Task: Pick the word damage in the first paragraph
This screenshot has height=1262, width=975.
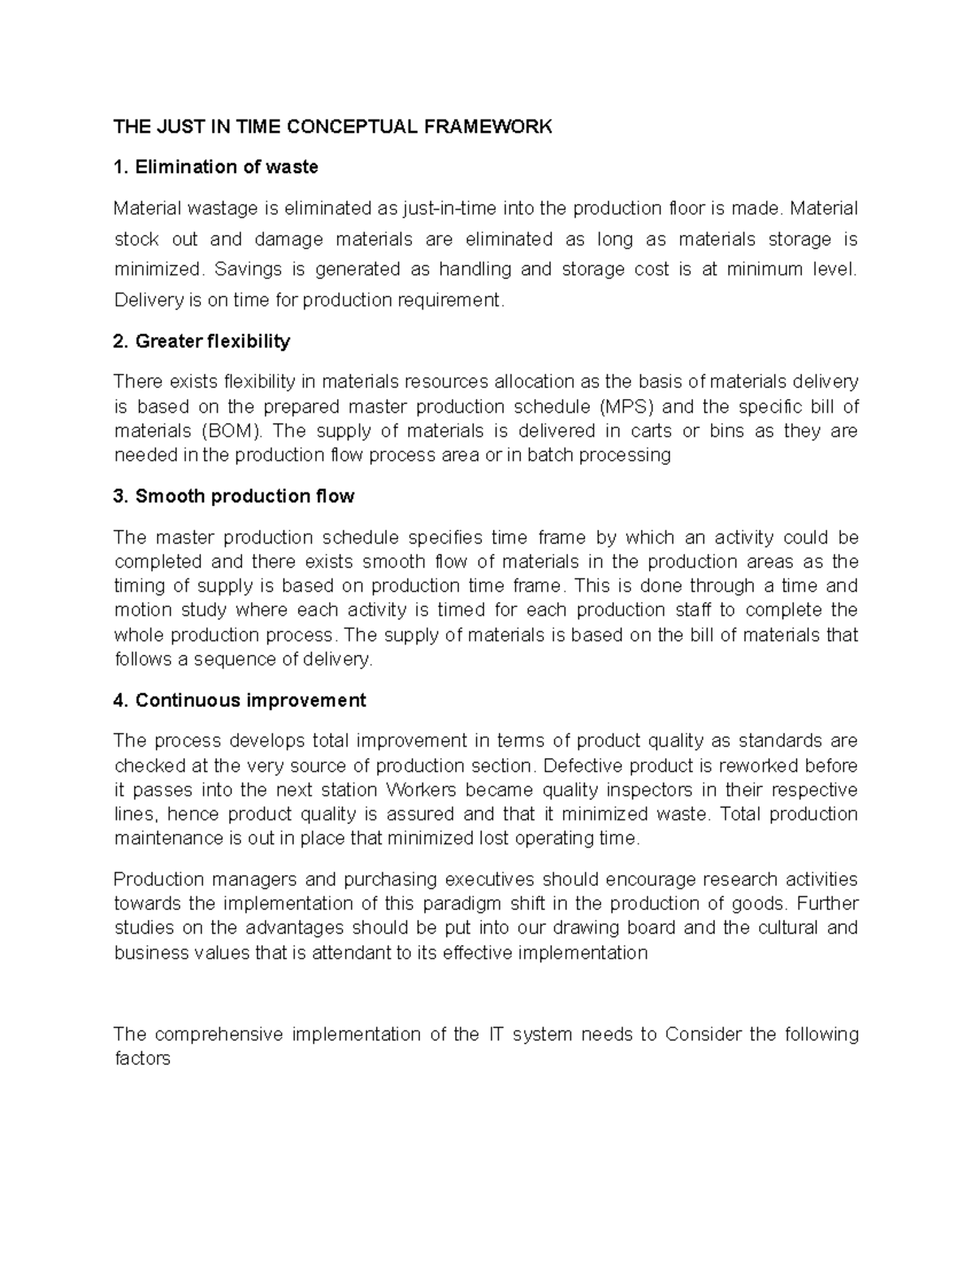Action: click(x=288, y=239)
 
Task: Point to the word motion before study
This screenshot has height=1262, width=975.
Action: click(x=143, y=610)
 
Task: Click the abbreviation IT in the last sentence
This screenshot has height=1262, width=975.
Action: click(x=495, y=1034)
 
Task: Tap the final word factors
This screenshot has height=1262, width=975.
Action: click(x=142, y=1059)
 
